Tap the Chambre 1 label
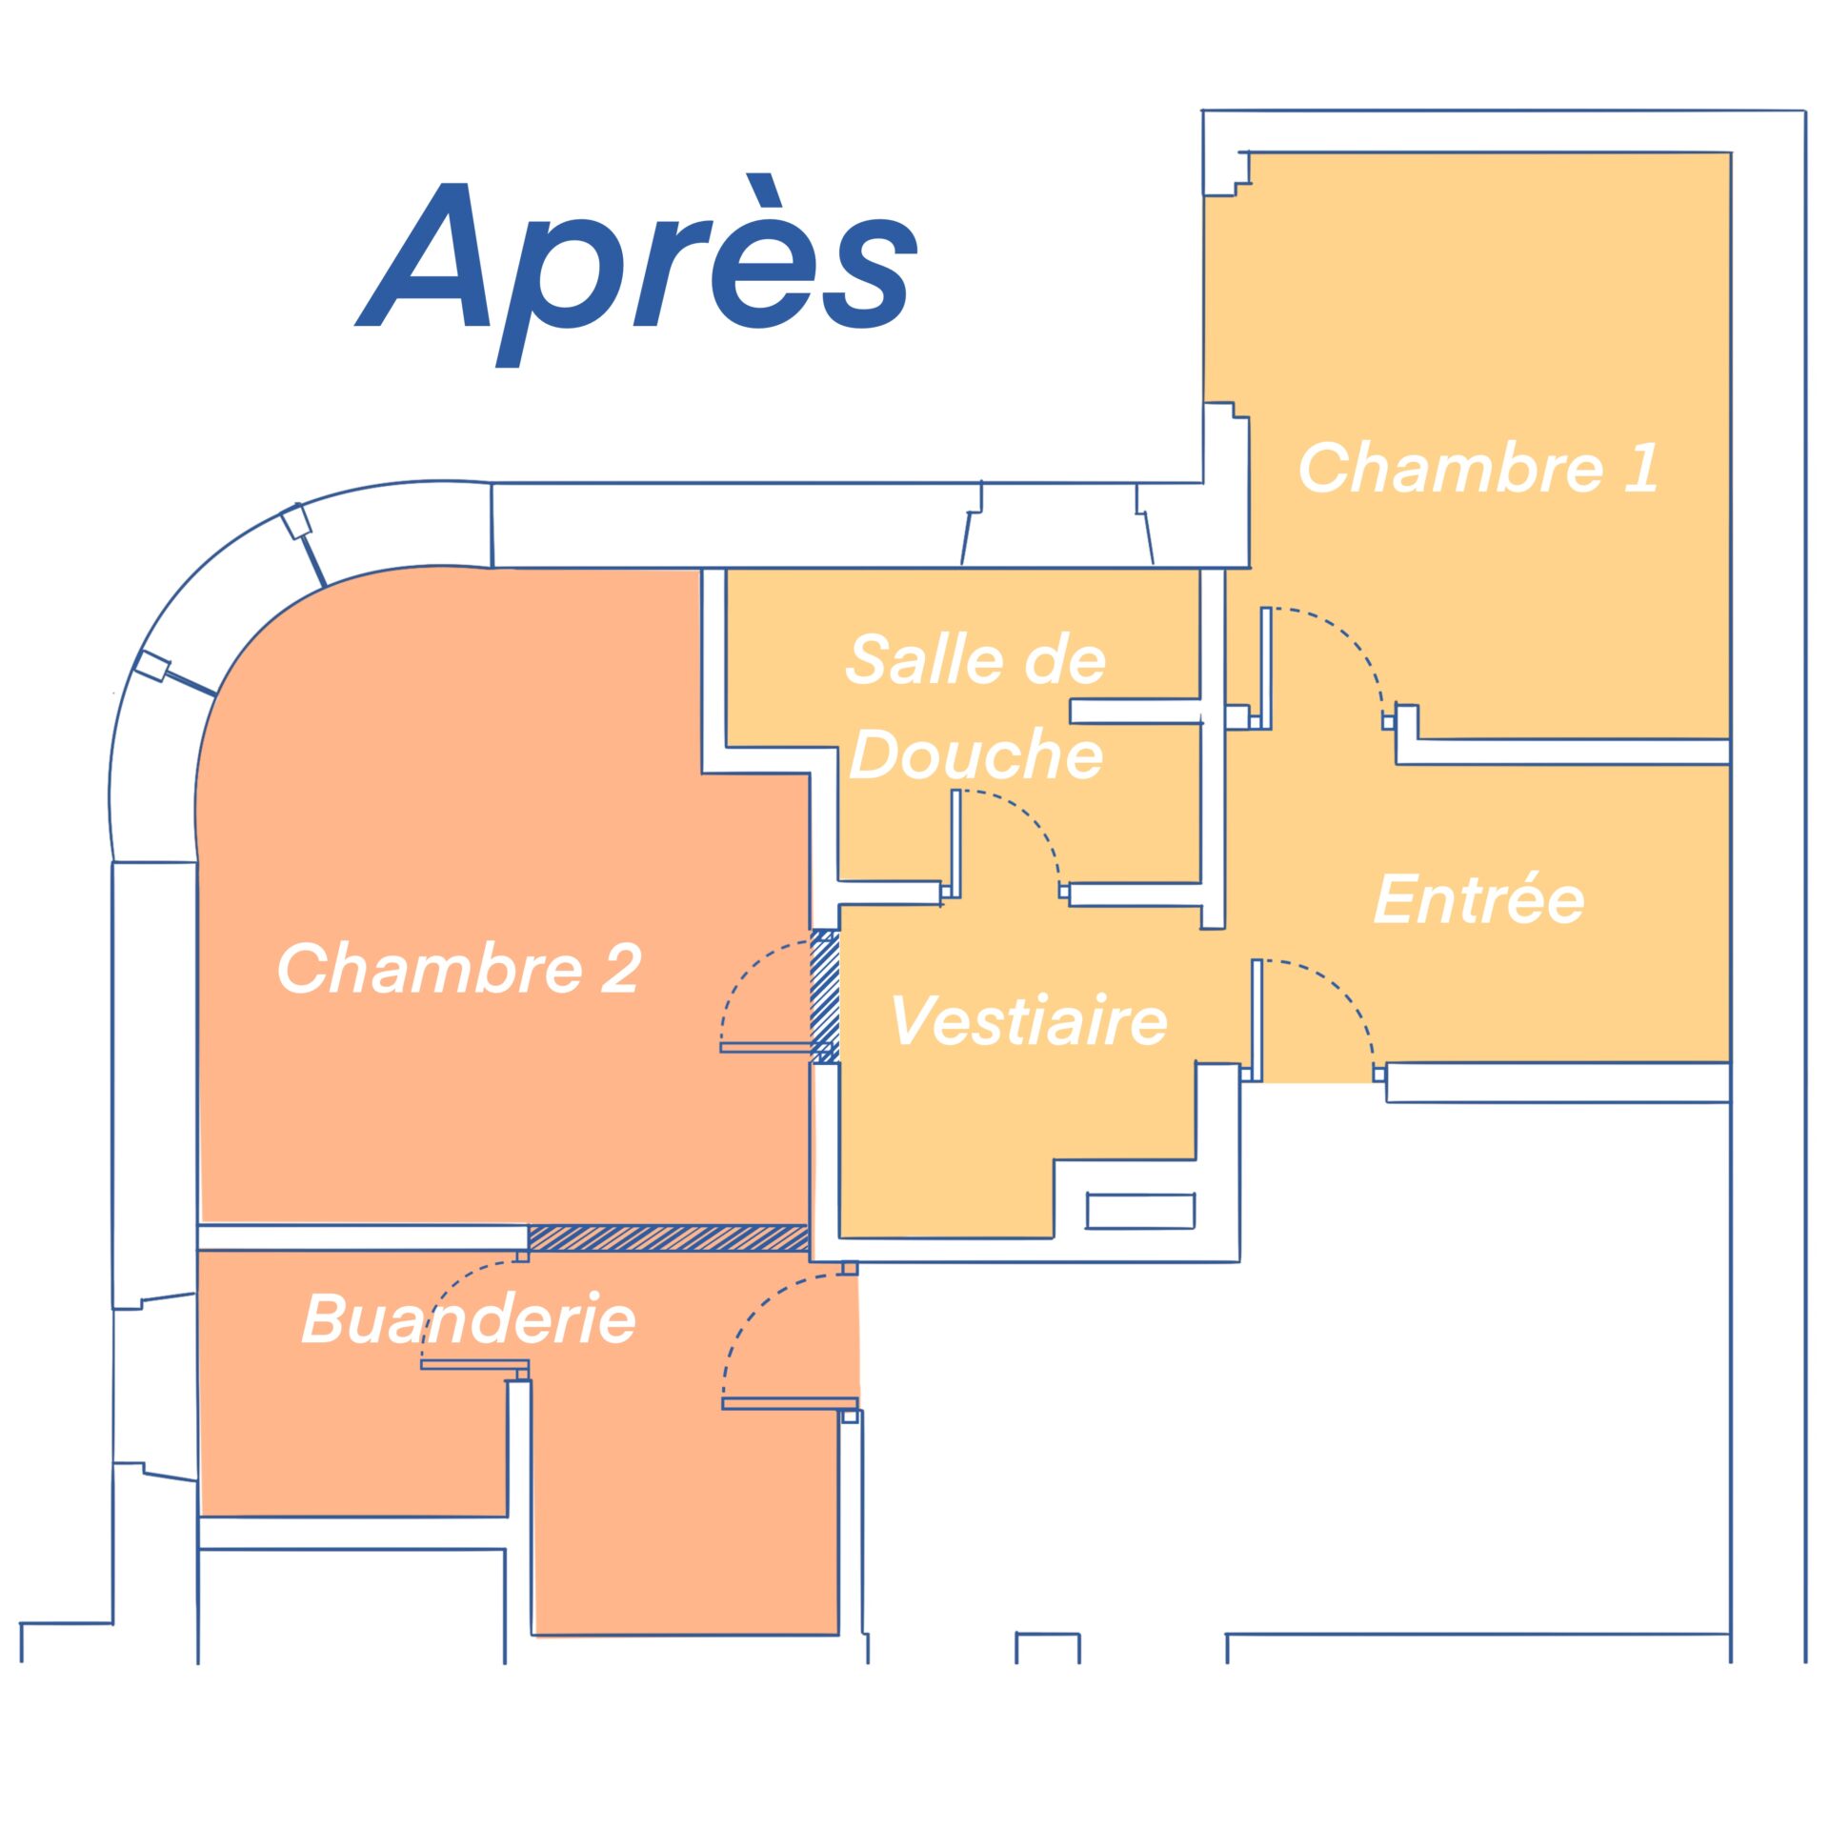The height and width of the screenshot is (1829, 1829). [x=1477, y=468]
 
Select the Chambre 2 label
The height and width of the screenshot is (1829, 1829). [x=458, y=968]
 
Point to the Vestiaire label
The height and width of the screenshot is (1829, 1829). [x=1029, y=1019]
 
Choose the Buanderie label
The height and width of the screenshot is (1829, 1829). [x=469, y=1319]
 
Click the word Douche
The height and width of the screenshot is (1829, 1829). [x=975, y=754]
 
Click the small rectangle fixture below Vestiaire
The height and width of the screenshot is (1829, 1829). [x=1140, y=1211]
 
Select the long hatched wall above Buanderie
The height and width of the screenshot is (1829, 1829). [x=669, y=1238]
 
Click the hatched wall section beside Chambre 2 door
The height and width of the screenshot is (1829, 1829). [x=825, y=996]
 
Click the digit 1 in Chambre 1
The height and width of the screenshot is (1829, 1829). [x=1640, y=468]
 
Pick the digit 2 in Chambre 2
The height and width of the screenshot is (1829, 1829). [x=620, y=968]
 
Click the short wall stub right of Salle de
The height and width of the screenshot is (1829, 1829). [x=1135, y=712]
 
